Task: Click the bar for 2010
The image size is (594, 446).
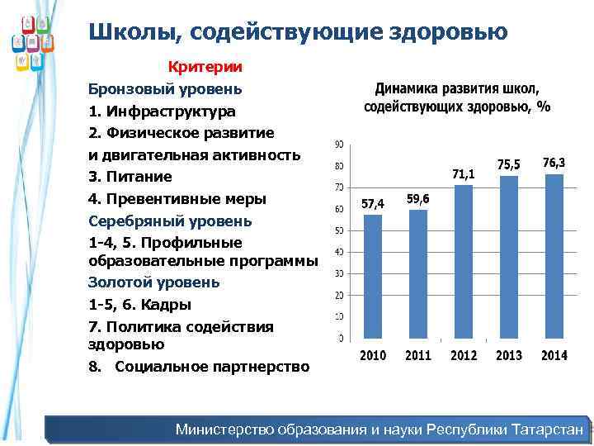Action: pyautogui.click(x=373, y=276)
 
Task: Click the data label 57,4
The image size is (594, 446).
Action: pyautogui.click(x=373, y=204)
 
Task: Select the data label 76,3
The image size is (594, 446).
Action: pyautogui.click(x=554, y=164)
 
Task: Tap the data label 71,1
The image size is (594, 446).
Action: pyautogui.click(x=464, y=174)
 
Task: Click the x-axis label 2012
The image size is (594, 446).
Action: pyautogui.click(x=464, y=356)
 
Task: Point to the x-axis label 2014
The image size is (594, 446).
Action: pyautogui.click(x=554, y=356)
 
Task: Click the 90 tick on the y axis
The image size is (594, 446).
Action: pyautogui.click(x=339, y=145)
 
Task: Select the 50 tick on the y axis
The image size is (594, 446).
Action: pyautogui.click(x=339, y=231)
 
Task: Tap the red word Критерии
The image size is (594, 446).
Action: pyautogui.click(x=205, y=66)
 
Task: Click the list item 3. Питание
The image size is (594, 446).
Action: pyautogui.click(x=130, y=177)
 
